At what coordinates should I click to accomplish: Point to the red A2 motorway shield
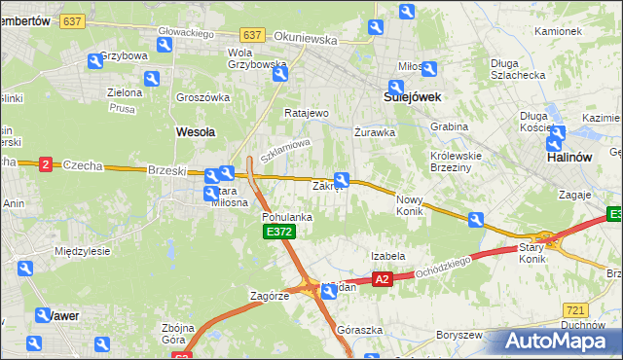click(x=382, y=279)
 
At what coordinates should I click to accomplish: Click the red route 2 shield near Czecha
click(x=45, y=165)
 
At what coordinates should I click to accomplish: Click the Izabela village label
click(x=387, y=256)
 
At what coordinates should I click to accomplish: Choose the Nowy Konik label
click(x=411, y=205)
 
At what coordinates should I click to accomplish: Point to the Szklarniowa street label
click(x=284, y=150)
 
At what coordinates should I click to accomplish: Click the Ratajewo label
click(x=307, y=113)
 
